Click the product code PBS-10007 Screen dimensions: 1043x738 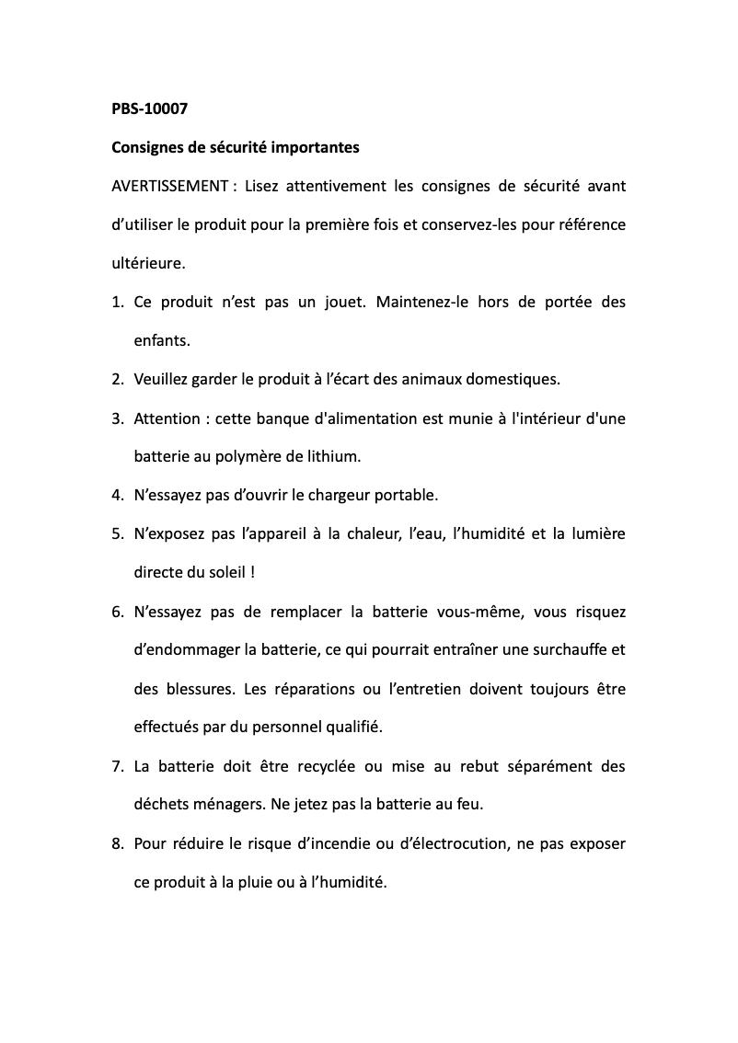(x=149, y=109)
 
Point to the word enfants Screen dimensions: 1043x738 (x=162, y=340)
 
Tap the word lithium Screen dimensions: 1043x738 (x=334, y=456)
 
